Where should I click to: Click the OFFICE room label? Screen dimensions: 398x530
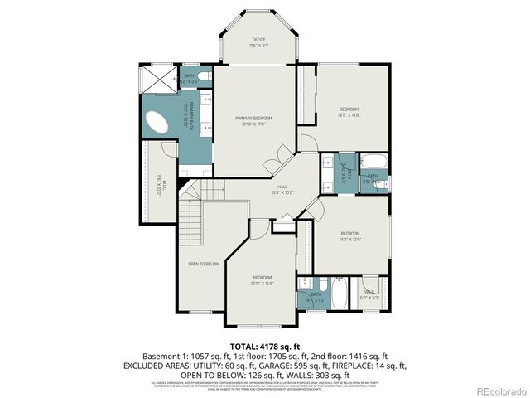pos(258,42)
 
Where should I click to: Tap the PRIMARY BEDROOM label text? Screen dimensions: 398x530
pos(253,121)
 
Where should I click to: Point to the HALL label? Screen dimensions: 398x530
pos(282,190)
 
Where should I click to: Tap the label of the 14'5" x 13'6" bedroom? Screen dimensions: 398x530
pos(349,112)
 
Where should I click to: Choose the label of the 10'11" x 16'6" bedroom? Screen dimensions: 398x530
pos(263,279)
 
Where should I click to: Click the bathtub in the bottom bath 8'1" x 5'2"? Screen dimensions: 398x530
pos(340,294)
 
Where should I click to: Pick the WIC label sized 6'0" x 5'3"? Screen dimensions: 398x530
pos(369,296)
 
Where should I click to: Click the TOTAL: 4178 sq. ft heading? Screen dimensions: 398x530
pos(264,346)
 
